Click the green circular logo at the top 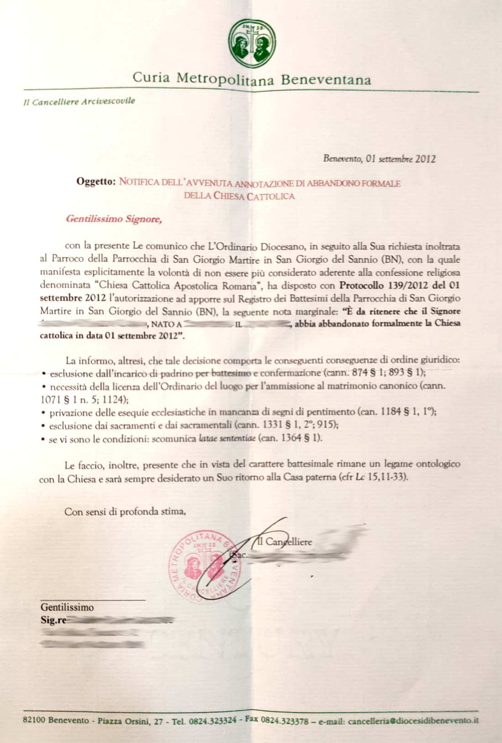[252, 43]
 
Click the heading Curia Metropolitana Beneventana [251, 79]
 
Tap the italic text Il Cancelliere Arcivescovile [79, 101]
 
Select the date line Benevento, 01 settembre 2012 [379, 159]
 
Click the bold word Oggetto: [96, 182]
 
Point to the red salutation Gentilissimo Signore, [114, 219]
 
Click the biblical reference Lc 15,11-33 [381, 478]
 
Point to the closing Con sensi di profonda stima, [125, 511]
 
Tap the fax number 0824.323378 [284, 721]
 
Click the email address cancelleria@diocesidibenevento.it [413, 721]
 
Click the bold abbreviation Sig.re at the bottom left [53, 620]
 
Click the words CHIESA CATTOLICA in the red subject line [254, 197]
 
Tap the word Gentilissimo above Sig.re [67, 608]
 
